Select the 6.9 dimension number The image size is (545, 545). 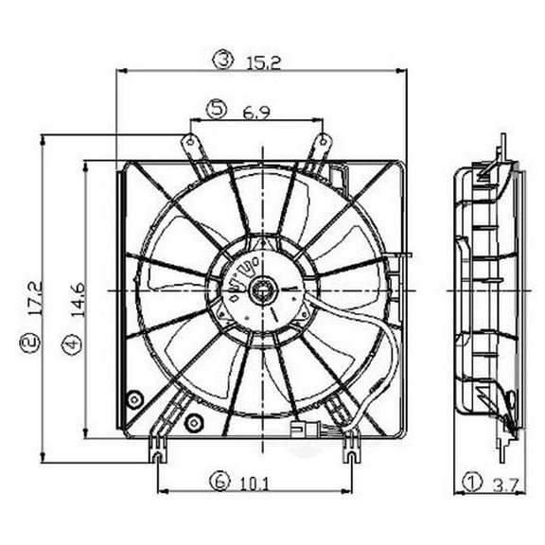[255, 111]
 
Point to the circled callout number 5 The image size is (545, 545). [219, 111]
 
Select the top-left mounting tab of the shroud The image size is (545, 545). [192, 145]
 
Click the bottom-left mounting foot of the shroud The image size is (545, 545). [154, 457]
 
